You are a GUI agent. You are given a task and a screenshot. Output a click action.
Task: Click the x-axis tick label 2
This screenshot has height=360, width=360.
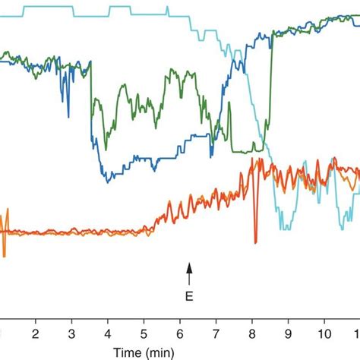point(35,333)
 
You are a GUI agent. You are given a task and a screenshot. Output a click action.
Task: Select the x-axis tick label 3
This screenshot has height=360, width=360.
point(71,333)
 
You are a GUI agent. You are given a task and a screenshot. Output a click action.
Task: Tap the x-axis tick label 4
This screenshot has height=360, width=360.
point(107,333)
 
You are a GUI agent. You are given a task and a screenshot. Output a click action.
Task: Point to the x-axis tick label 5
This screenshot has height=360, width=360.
point(144,333)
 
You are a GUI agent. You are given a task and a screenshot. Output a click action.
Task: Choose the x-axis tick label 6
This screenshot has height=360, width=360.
point(179,333)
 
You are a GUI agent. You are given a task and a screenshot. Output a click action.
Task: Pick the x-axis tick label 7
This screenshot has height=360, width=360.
point(216,333)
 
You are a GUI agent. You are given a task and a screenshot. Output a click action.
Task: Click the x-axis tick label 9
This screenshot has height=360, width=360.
point(288,333)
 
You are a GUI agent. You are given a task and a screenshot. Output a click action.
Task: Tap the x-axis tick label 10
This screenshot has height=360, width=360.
point(324,333)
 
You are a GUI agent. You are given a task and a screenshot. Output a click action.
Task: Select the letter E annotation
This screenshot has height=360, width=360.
point(191,296)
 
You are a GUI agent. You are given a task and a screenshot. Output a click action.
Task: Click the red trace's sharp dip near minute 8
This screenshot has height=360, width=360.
point(256,241)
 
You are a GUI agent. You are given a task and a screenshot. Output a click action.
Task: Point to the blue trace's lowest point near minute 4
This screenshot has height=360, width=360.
point(107,181)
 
